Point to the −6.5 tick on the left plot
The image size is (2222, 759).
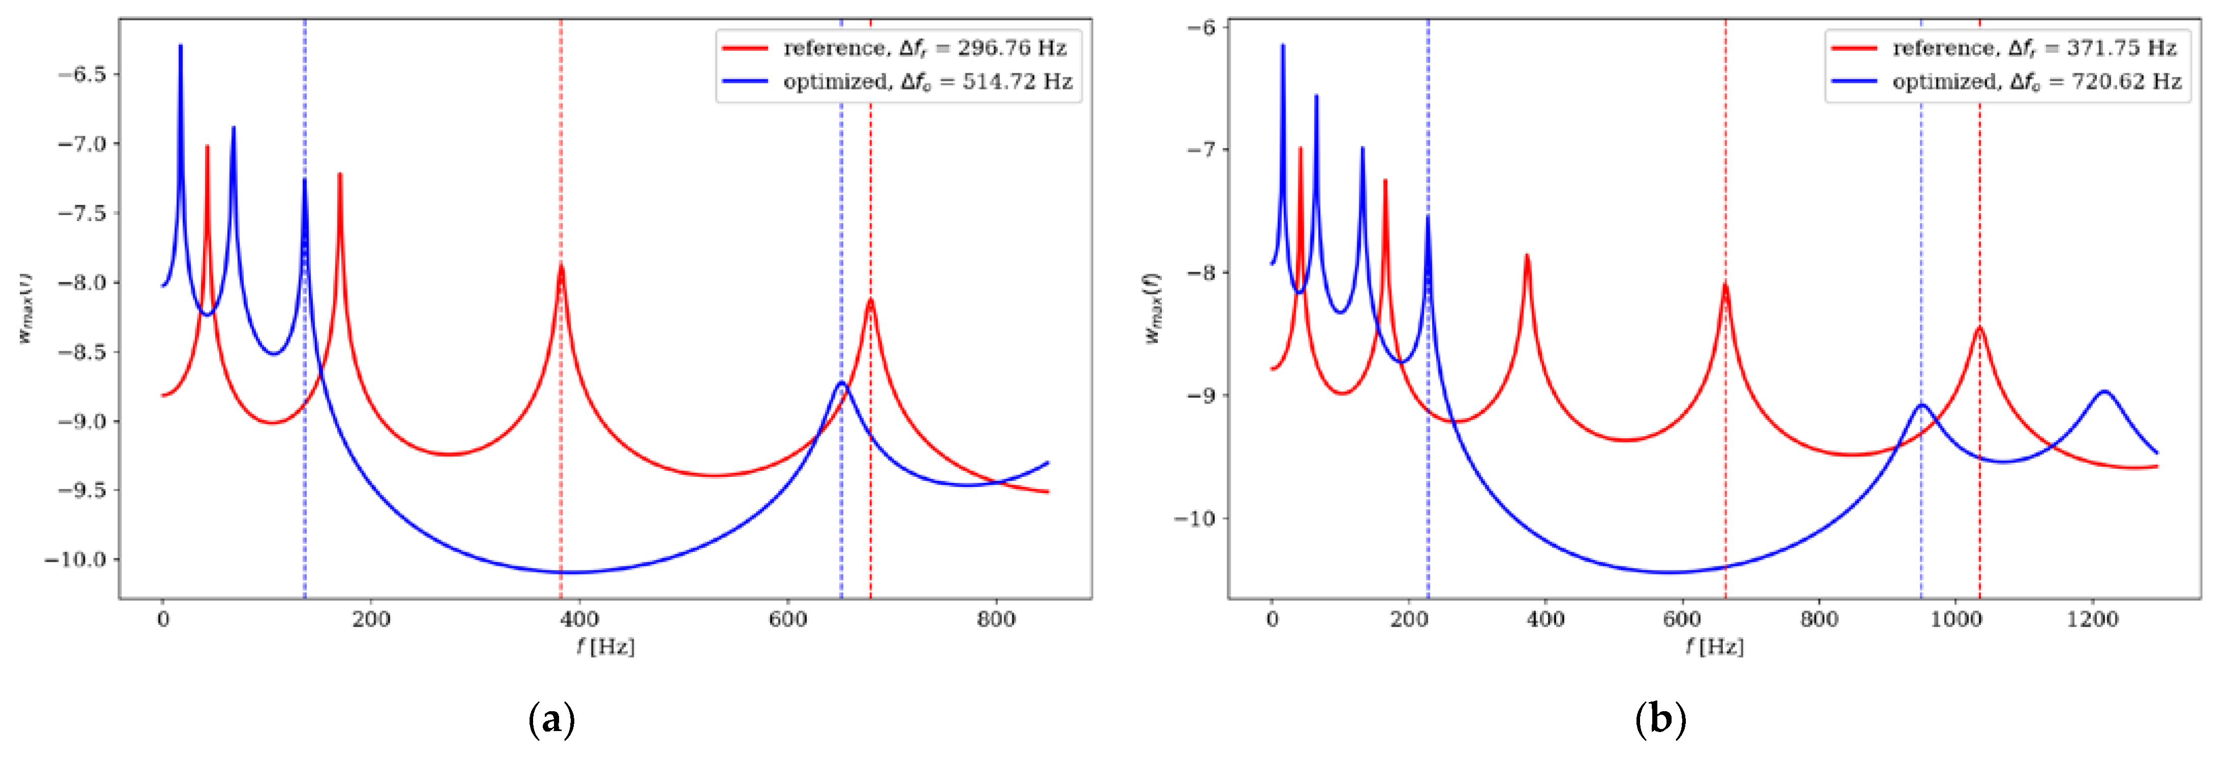(x=82, y=74)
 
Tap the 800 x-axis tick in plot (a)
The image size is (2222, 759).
(x=996, y=619)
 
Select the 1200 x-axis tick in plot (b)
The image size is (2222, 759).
(x=2093, y=619)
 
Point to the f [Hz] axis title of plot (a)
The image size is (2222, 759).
(x=605, y=646)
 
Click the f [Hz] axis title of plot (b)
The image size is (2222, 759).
(x=1715, y=646)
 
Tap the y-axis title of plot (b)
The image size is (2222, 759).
(x=1153, y=309)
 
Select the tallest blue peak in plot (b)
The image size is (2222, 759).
(x=1282, y=46)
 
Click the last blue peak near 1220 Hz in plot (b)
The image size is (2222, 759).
(x=2104, y=392)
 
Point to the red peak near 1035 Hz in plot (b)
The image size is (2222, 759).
(x=1980, y=328)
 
